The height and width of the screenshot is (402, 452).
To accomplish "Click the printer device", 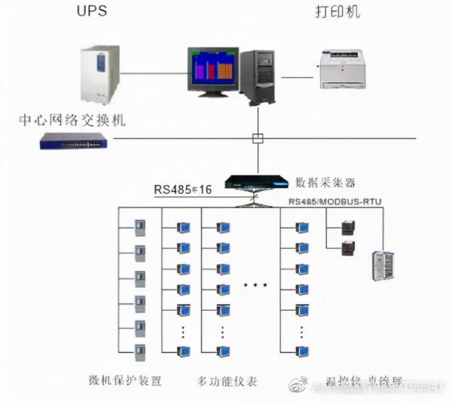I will (344, 69).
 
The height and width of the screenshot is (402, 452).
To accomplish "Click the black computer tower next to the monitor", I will (258, 76).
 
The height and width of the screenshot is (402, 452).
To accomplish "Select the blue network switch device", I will (73, 140).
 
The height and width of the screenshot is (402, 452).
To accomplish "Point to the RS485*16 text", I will (182, 189).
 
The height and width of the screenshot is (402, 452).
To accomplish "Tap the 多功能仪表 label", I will (228, 381).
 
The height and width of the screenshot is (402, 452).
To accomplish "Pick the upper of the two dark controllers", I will (347, 227).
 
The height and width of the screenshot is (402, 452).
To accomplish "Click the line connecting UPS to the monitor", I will (154, 73).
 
